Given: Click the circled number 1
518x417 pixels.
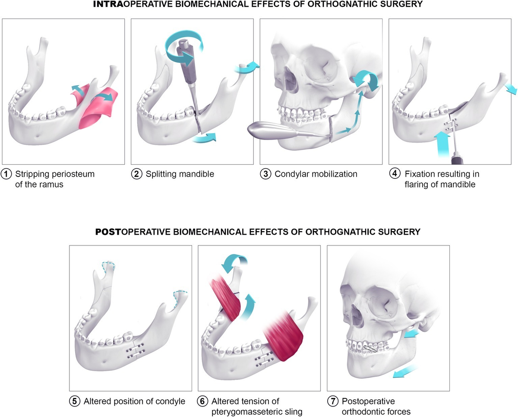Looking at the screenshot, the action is coord(6,174).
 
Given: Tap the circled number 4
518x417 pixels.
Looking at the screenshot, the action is coord(395,173).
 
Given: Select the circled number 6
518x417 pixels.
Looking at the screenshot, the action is coord(202,401).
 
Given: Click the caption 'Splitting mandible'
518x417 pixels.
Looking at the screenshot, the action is coord(180,174).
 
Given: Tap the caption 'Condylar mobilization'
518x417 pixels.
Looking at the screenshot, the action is coord(316,174).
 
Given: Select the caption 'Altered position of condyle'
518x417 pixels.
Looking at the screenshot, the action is coord(134,401).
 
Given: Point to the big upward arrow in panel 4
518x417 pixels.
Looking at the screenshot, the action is coord(442,145).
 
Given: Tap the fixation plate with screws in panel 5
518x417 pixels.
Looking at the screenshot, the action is coord(135,350).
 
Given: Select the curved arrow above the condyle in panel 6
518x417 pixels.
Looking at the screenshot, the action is coord(234,261).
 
